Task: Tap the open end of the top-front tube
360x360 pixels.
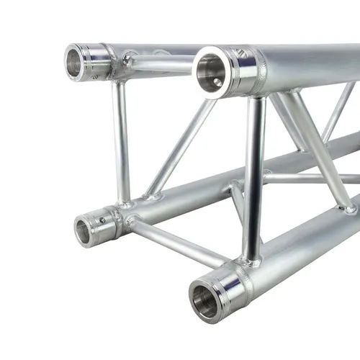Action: (x=210, y=72)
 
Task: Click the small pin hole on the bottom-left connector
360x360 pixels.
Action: (x=102, y=220)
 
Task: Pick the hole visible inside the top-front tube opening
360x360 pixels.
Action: (x=217, y=82)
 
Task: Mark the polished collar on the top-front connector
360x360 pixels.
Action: (x=245, y=72)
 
